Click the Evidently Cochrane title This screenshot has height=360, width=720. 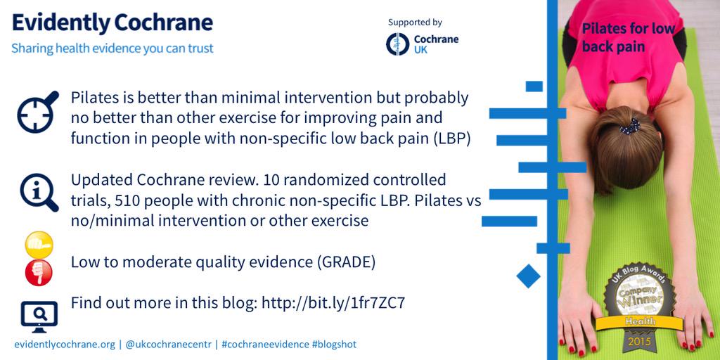tap(112, 22)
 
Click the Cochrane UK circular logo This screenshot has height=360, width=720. tap(398, 44)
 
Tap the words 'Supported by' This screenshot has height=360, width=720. tap(415, 22)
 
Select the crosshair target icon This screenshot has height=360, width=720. tap(37, 112)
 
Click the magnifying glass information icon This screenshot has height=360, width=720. tap(38, 191)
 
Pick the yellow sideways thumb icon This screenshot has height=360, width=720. tap(39, 246)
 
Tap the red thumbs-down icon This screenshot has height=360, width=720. tap(39, 272)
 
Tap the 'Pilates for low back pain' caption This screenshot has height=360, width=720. tap(628, 37)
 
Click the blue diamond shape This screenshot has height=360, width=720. tap(528, 276)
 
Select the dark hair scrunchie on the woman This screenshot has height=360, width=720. tap(629, 126)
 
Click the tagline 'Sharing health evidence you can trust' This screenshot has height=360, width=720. tap(112, 49)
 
